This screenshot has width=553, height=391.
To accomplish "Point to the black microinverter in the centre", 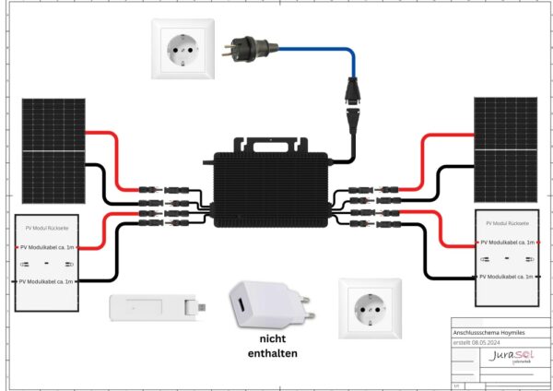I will (276, 188).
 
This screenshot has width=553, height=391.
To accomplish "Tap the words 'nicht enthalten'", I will (272, 346).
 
